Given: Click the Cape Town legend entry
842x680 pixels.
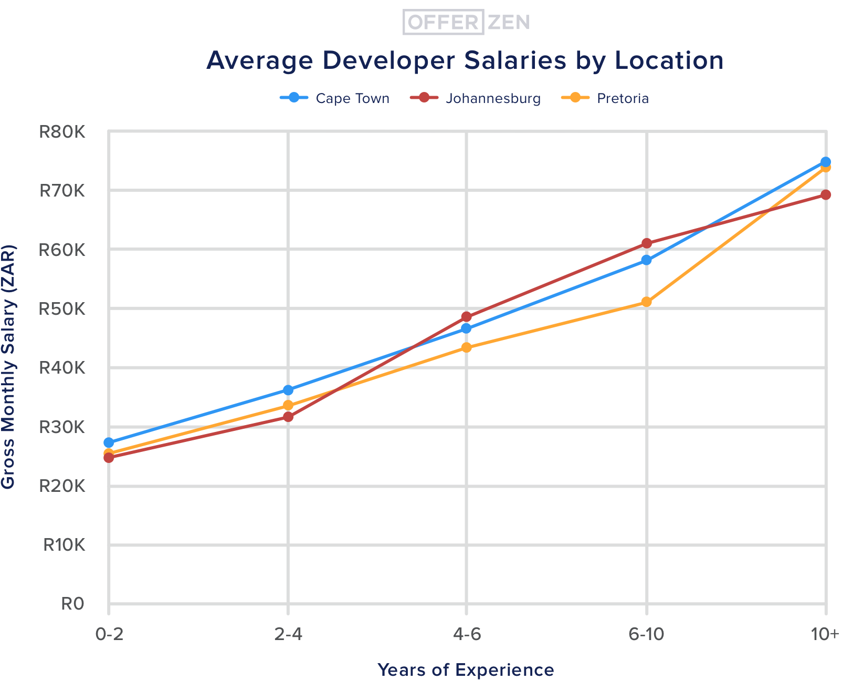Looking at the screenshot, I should point(335,98).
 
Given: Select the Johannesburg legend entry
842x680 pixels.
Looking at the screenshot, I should point(475,98).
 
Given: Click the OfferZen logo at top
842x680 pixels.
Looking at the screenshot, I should point(466,22).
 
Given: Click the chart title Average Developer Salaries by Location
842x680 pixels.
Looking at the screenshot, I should point(465,60).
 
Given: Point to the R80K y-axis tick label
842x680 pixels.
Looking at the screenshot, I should point(62,131).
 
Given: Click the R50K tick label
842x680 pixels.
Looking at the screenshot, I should point(62,308).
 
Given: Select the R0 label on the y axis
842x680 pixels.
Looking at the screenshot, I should point(72,604).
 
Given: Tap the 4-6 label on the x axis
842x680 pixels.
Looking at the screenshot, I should point(467,635).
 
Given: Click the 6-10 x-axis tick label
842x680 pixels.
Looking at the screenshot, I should point(646,635).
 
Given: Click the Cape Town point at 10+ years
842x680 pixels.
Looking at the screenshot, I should point(825,162).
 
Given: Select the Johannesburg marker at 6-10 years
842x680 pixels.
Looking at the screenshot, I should point(647,243).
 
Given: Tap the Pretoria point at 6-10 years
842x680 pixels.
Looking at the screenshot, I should point(647,302).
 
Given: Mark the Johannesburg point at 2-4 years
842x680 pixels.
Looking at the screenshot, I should point(288,417).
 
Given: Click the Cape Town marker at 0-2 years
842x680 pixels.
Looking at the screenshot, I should point(109,442).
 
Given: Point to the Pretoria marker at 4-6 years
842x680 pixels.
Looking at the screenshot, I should point(467,348).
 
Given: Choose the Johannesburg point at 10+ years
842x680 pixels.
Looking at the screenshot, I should point(825,195).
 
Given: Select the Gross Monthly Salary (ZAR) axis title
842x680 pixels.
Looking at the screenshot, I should point(8,367).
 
